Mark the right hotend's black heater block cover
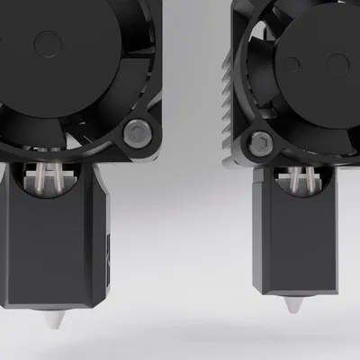pos(294,238)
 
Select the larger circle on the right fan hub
pos(336,64)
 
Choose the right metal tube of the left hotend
pos(59,178)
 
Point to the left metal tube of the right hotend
pos(290,180)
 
